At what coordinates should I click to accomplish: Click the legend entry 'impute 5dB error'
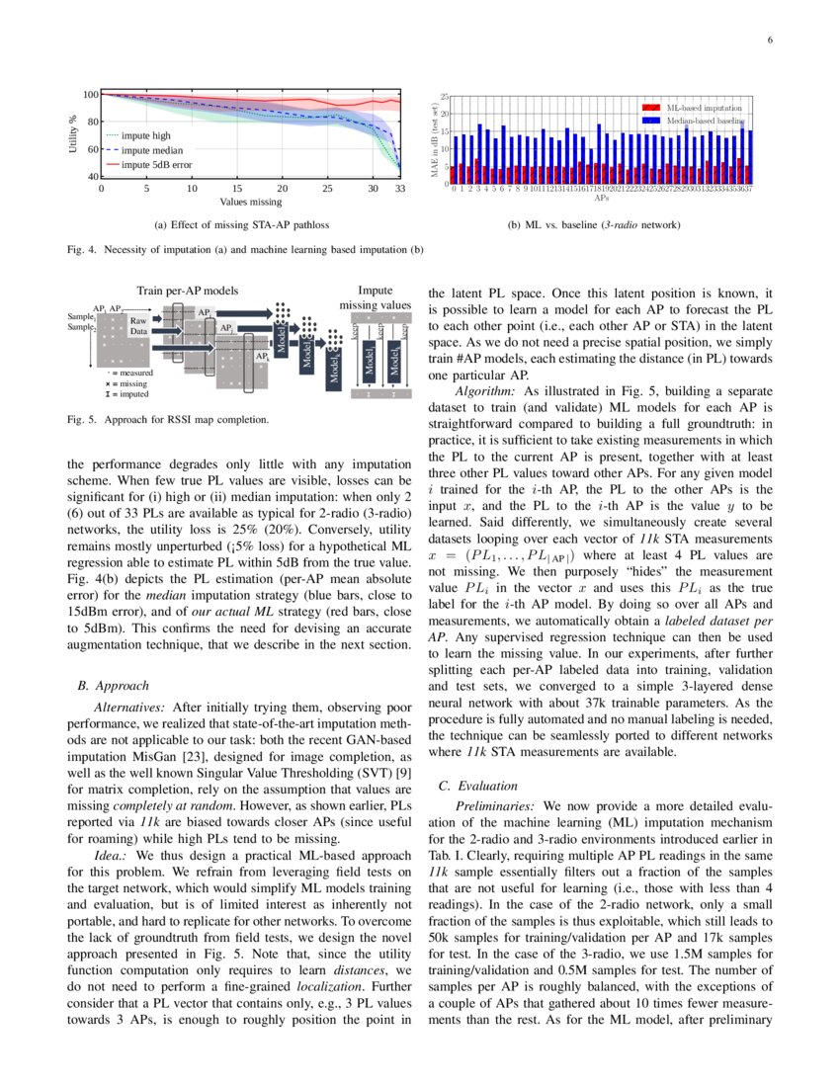156,164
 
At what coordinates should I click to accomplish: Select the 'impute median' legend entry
155,149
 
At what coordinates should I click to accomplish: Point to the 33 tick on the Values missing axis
399,188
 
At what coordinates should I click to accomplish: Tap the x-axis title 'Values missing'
250,202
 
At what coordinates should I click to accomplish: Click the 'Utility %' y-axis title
73,134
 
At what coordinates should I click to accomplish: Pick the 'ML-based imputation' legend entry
704,106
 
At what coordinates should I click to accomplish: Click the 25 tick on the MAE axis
445,97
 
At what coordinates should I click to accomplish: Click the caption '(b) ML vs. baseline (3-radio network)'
594,226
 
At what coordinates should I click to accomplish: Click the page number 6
770,40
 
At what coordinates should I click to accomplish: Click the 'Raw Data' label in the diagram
138,326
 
